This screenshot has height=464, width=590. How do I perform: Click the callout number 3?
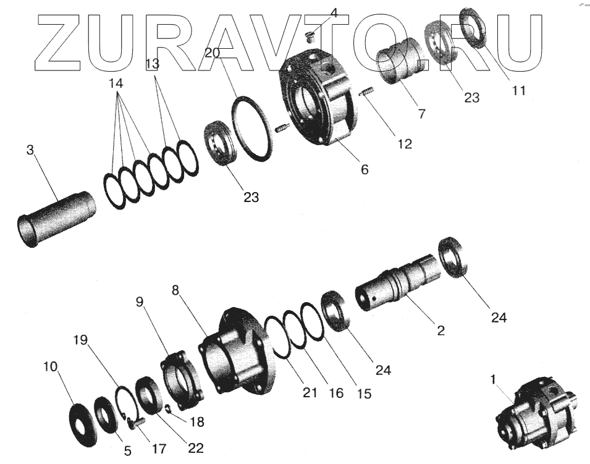click(30, 150)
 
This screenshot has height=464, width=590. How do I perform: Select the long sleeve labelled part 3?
click(56, 219)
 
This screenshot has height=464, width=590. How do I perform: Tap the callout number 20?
click(212, 53)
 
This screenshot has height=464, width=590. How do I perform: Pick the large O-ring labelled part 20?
click(251, 129)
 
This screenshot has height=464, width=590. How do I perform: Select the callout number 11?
click(519, 90)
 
